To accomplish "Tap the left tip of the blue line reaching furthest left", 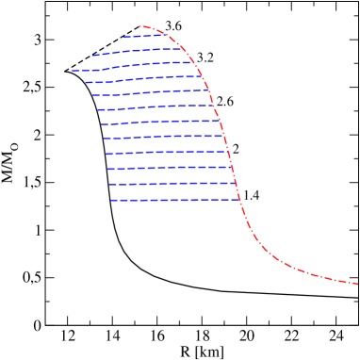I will [x=73, y=71].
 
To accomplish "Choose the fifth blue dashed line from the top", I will [x=151, y=92].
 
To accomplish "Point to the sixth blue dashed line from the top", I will [x=155, y=107].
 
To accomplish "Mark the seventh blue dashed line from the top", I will [x=160, y=122].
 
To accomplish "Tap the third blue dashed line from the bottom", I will [x=170, y=168].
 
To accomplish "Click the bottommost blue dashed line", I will [x=175, y=200].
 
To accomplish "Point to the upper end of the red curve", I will [x=139, y=26].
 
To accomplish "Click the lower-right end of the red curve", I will [x=357, y=284].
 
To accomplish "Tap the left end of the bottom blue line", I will [x=111, y=200].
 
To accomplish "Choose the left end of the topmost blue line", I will [x=123, y=38].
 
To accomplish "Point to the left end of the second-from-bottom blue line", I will [x=109, y=185].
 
